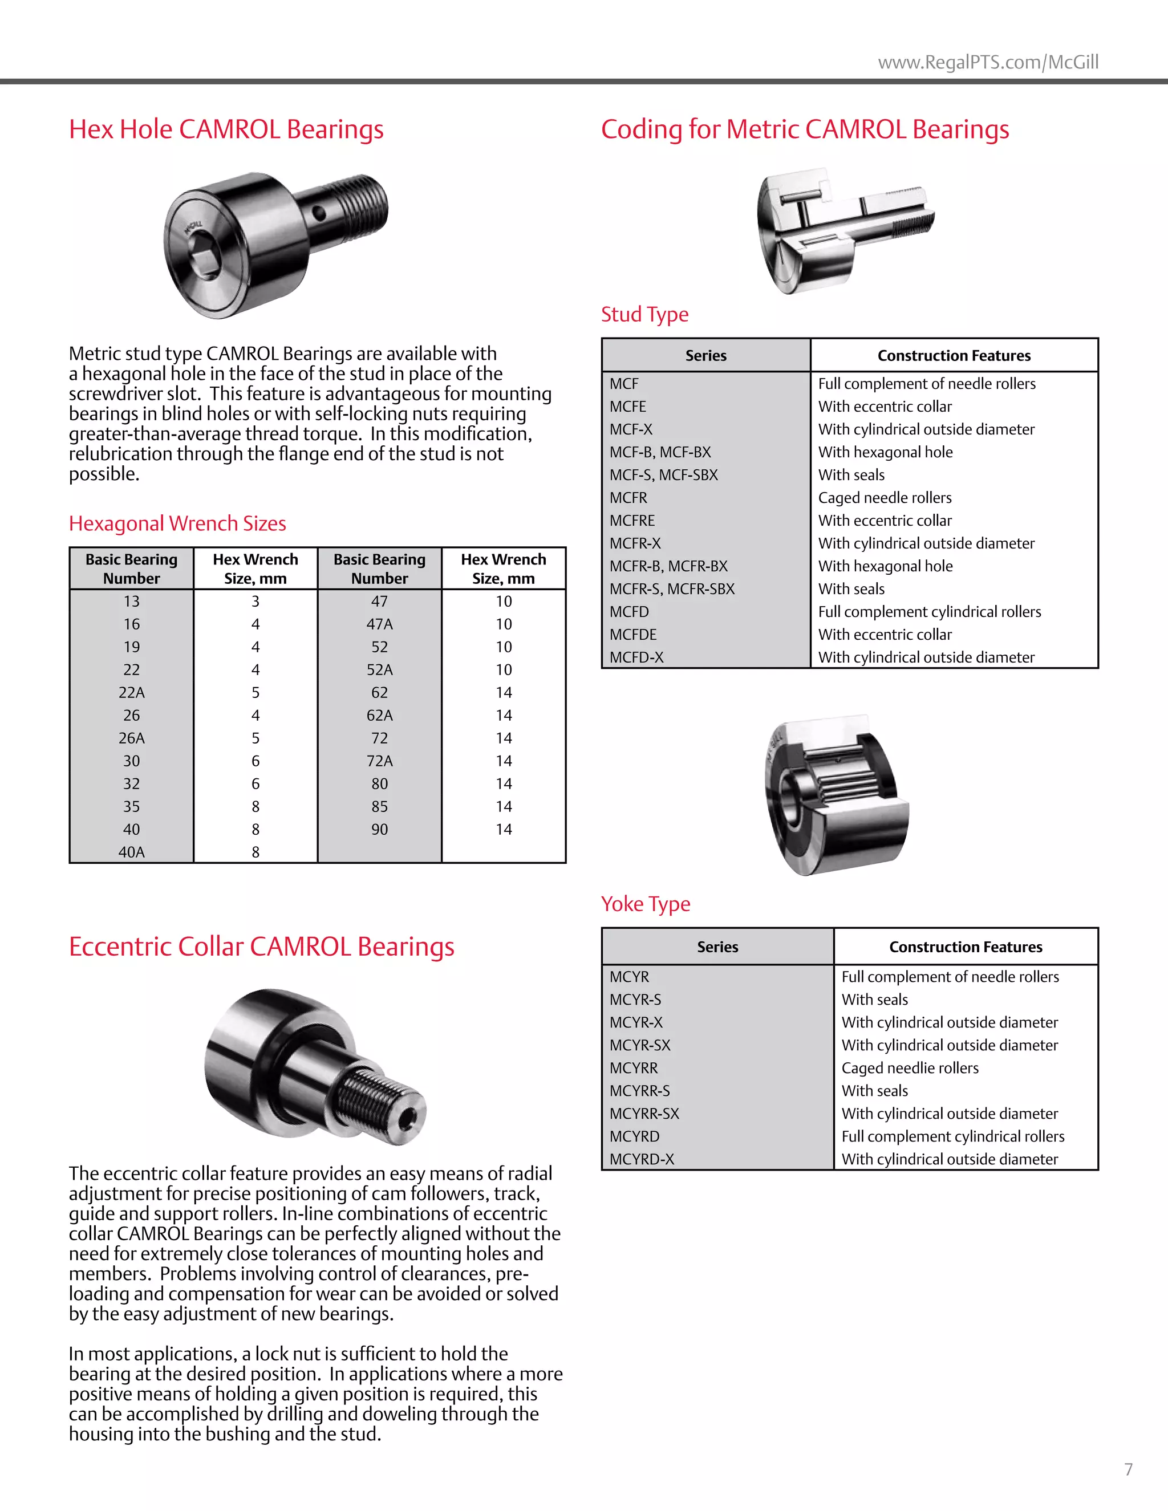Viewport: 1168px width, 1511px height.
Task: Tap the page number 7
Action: tap(1128, 1469)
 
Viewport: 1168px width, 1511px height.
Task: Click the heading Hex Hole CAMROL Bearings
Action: tap(226, 129)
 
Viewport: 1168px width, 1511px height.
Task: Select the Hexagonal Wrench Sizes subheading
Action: tap(177, 524)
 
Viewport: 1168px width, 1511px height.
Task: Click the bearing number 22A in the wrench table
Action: tap(132, 693)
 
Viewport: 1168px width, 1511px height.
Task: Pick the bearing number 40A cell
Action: tap(132, 852)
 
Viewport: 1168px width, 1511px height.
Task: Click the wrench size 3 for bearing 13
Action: tap(255, 601)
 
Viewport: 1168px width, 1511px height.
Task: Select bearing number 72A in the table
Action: tap(379, 761)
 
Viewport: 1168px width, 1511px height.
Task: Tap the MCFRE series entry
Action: tap(632, 520)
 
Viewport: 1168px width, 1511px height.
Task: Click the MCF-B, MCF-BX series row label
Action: tap(659, 452)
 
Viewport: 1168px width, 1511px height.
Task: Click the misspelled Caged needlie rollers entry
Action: tap(909, 1067)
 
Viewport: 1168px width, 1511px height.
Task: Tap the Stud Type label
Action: tap(644, 314)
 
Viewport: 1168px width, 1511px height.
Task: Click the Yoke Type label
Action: tap(645, 904)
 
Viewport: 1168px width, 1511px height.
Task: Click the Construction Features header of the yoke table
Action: tap(966, 947)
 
